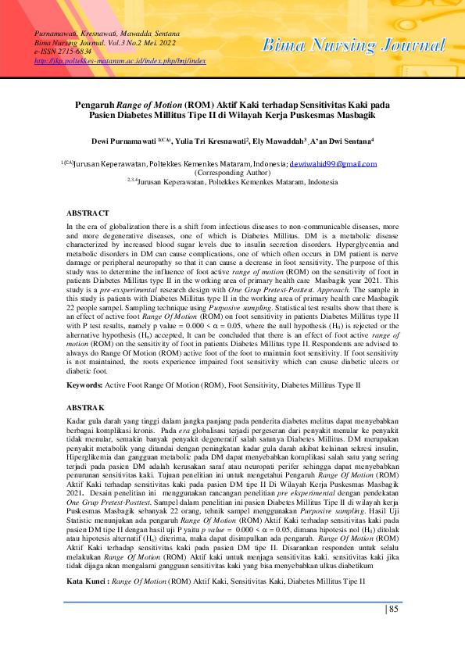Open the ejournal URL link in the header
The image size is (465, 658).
click(120, 59)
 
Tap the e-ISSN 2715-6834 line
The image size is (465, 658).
click(63, 51)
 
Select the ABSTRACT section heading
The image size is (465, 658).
click(88, 213)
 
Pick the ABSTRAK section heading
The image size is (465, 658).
click(85, 409)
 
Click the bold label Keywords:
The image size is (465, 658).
click(84, 386)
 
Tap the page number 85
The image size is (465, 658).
click(394, 609)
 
